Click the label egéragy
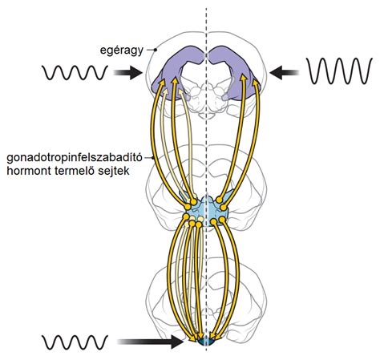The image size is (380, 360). pos(122,51)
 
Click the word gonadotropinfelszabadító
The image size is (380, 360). pos(75,158)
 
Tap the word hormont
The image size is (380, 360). pos(29,171)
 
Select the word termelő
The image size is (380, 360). pos(75,171)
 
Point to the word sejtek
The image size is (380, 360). pos(114,171)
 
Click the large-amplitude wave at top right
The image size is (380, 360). pos(339,71)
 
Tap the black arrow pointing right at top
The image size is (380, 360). pos(127,72)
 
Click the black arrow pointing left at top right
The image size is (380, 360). pos(284,72)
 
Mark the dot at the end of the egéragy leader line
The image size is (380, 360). pos(156,50)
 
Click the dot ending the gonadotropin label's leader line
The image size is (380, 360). pos(153,158)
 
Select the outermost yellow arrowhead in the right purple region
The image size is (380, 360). pos(256,83)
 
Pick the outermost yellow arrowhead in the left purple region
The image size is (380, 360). pos(161,83)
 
